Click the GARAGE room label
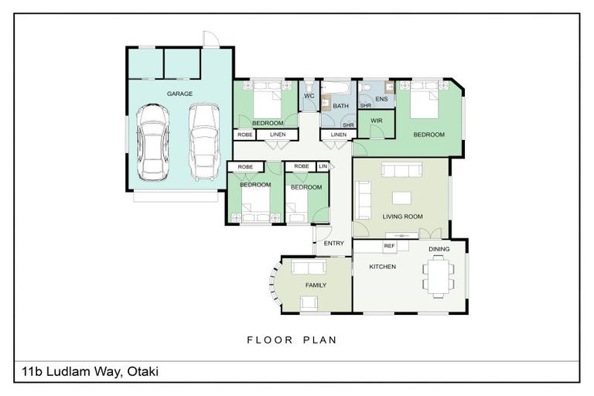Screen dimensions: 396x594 click(x=179, y=94)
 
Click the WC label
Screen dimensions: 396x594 click(x=309, y=96)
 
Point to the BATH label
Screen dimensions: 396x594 click(x=341, y=105)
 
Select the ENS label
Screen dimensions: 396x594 click(x=381, y=99)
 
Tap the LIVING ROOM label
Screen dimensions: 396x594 click(x=403, y=217)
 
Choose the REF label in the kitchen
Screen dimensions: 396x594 click(x=390, y=246)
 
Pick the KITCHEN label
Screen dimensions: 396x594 click(x=382, y=267)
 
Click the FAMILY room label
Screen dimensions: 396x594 click(x=315, y=285)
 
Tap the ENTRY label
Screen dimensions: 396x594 click(x=334, y=244)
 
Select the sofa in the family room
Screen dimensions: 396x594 click(x=308, y=268)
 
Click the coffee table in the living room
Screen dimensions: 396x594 click(x=402, y=196)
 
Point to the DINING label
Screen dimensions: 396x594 click(x=439, y=249)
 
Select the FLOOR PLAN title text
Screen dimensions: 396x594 click(x=292, y=340)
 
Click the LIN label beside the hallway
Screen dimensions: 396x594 click(x=323, y=166)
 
